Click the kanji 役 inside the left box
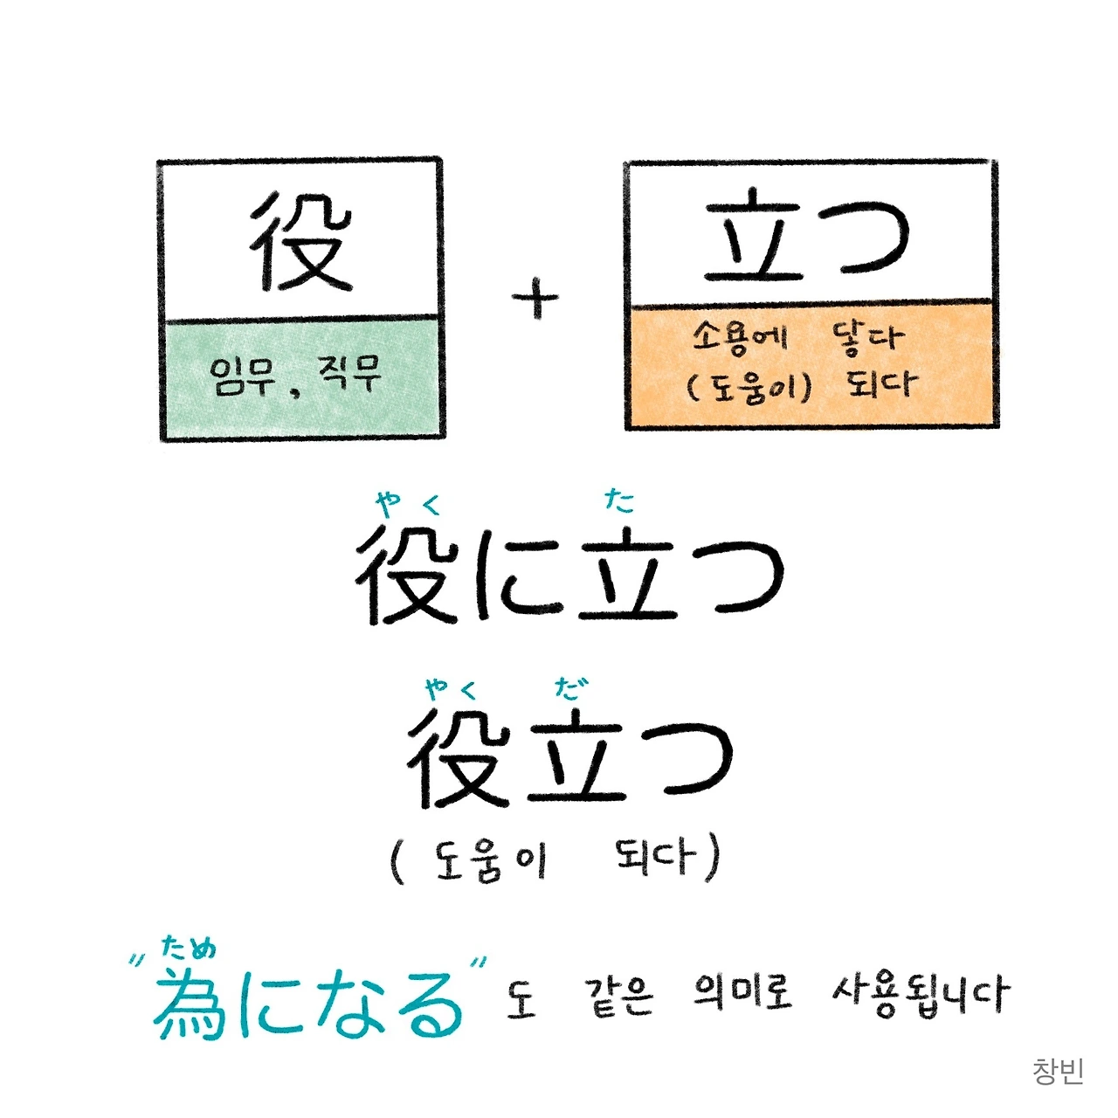tap(300, 240)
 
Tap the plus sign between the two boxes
tap(535, 300)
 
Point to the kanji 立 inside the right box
tap(753, 238)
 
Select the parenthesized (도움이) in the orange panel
tap(749, 385)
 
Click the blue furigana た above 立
tap(619, 500)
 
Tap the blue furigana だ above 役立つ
tap(571, 688)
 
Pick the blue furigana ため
tap(190, 949)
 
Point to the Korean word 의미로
tap(742, 994)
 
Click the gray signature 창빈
tap(1058, 1071)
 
